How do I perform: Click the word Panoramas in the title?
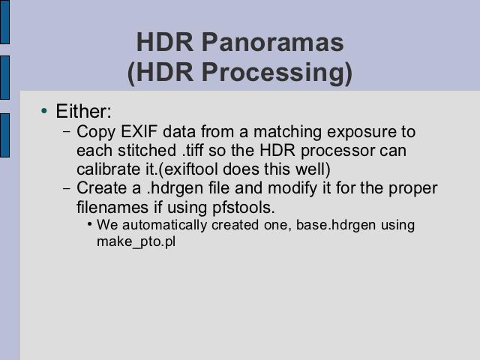coord(273,42)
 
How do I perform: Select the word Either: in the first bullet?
coord(83,111)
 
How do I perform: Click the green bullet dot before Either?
coord(44,110)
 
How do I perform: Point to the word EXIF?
coord(139,132)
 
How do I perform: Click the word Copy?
coord(96,133)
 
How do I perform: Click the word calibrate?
coord(106,169)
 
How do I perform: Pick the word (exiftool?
coord(188,169)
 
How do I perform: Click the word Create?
coord(102,187)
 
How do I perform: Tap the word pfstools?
coord(244,207)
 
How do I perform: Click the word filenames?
coord(112,207)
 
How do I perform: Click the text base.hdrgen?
coord(336,225)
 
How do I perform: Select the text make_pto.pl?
coord(136,242)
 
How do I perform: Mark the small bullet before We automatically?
coord(90,224)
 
